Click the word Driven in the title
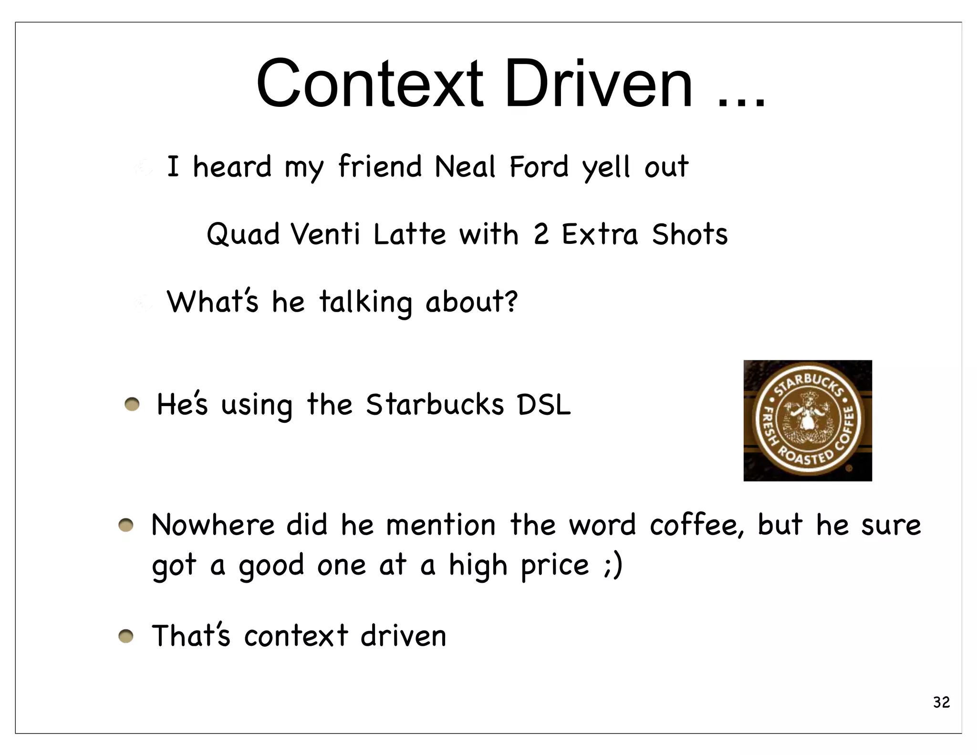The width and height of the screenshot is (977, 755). point(598,84)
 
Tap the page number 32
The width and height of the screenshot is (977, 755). point(941,702)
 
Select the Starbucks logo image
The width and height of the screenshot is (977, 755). point(807,420)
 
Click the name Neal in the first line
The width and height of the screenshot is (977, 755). point(465,167)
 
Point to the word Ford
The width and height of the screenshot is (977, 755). point(539,167)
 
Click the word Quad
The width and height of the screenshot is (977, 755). point(243,234)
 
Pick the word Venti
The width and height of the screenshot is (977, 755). point(325,234)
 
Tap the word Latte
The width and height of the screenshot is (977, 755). point(409,234)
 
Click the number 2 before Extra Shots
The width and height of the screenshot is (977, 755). point(540,234)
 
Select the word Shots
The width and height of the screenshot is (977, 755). point(690,234)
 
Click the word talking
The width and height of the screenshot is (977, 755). point(365,302)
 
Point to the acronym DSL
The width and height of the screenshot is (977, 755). point(544,405)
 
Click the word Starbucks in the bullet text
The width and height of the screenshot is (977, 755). point(435,405)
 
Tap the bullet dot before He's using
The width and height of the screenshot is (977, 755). point(132,405)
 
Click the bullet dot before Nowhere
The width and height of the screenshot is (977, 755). point(126,525)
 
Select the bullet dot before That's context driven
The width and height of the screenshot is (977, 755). point(126,636)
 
